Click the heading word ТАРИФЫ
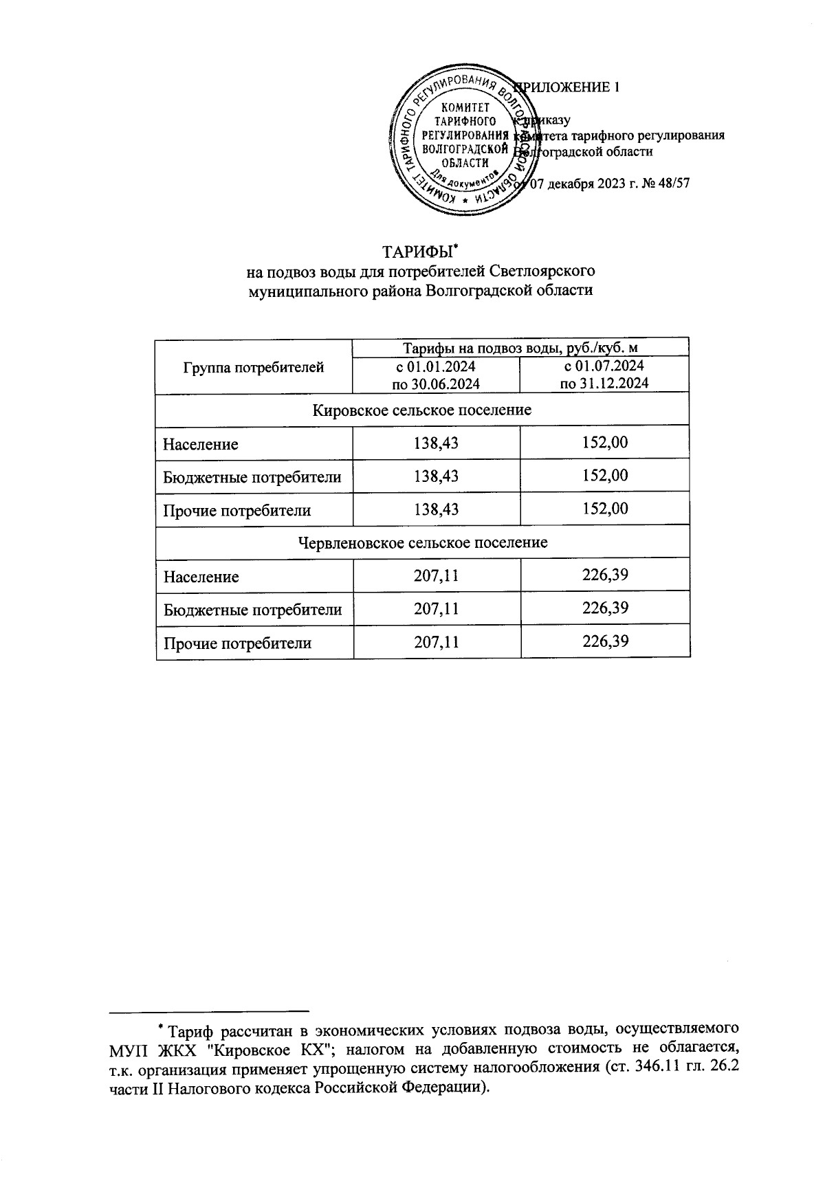417,250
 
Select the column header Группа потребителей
254,368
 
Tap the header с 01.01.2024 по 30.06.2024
436,375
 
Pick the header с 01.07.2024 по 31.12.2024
604,375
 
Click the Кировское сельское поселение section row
422,410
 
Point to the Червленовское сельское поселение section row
423,542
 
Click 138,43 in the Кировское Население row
436,443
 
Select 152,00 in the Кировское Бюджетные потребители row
605,476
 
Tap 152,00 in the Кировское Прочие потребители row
605,509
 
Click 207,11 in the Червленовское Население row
437,576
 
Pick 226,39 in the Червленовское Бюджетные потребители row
605,608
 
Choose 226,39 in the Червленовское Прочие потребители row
605,641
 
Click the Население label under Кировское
201,444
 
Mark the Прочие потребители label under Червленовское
237,643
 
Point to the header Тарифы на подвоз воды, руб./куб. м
520,348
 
